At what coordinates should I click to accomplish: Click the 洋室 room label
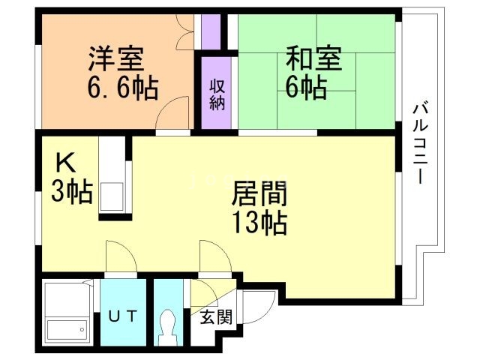click(115, 58)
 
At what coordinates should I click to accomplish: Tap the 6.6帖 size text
click(120, 89)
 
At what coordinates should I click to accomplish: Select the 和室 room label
click(314, 57)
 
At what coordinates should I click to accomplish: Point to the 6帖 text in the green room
click(305, 87)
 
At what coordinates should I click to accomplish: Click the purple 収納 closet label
click(217, 93)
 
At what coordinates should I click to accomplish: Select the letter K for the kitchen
click(62, 162)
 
